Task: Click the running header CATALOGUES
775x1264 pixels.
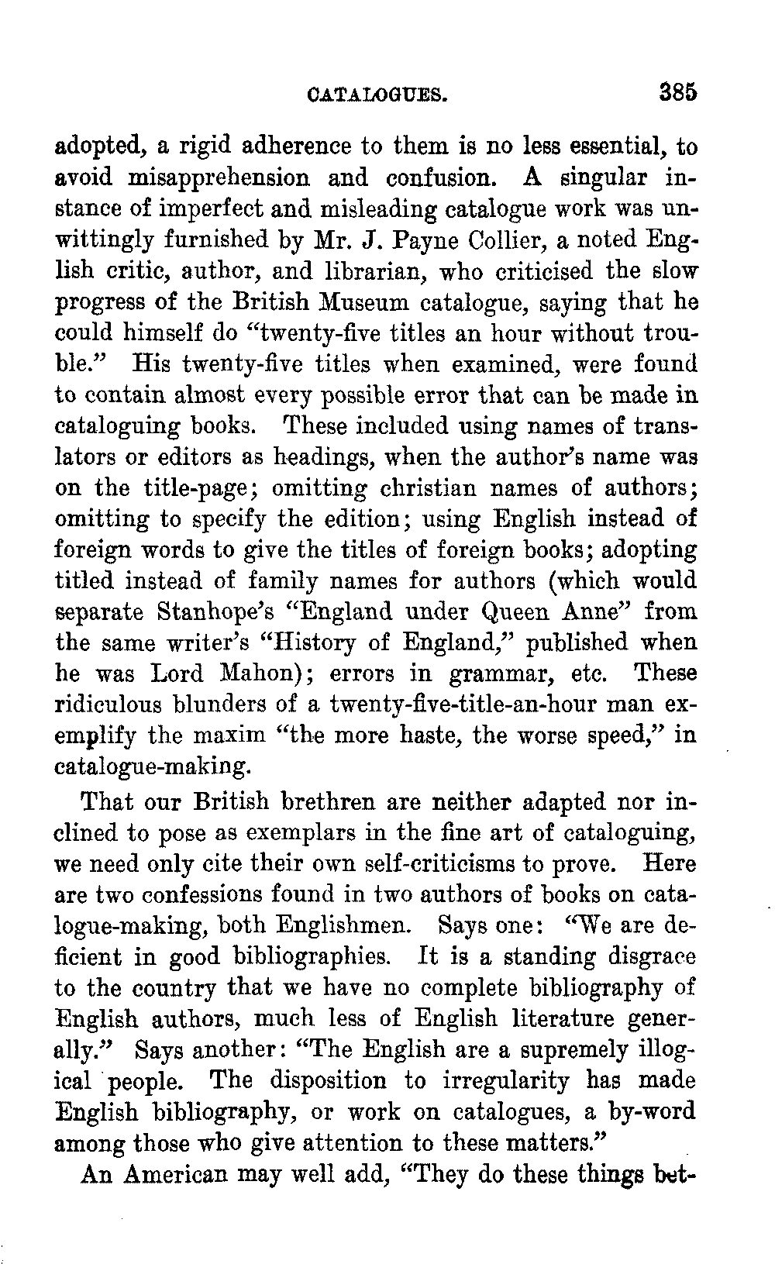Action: [377, 95]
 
